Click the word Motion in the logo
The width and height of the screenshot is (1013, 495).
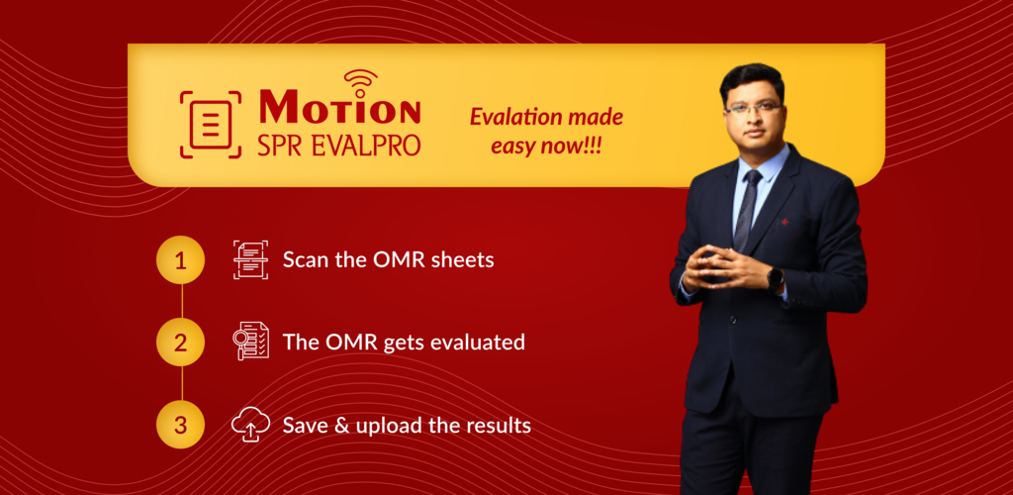[340, 107]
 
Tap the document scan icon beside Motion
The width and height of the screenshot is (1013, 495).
[211, 125]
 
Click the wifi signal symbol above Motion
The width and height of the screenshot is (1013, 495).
[360, 82]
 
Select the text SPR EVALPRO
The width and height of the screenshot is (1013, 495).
[339, 144]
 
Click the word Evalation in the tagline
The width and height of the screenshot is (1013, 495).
[509, 118]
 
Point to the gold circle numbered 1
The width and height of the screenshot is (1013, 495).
[181, 260]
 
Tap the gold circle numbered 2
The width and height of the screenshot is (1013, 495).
[181, 343]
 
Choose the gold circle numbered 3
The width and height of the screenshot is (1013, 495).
[181, 425]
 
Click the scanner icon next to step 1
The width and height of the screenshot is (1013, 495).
[250, 259]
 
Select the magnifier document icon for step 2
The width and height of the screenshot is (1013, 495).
[250, 341]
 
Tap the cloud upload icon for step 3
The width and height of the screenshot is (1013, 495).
[250, 425]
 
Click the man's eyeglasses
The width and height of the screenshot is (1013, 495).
[753, 109]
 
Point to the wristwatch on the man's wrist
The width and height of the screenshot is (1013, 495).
[776, 278]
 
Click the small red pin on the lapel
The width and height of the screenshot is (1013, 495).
[784, 222]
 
